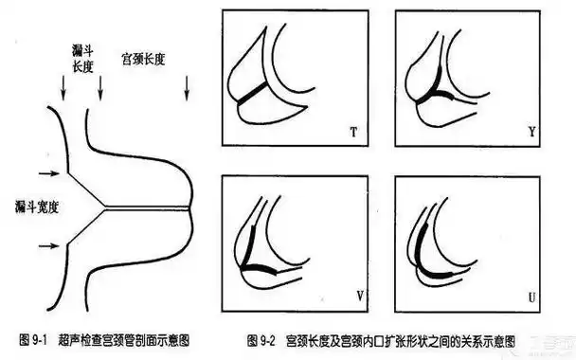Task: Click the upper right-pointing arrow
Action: pyautogui.click(x=45, y=173)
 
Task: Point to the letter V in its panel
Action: pyautogui.click(x=360, y=294)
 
